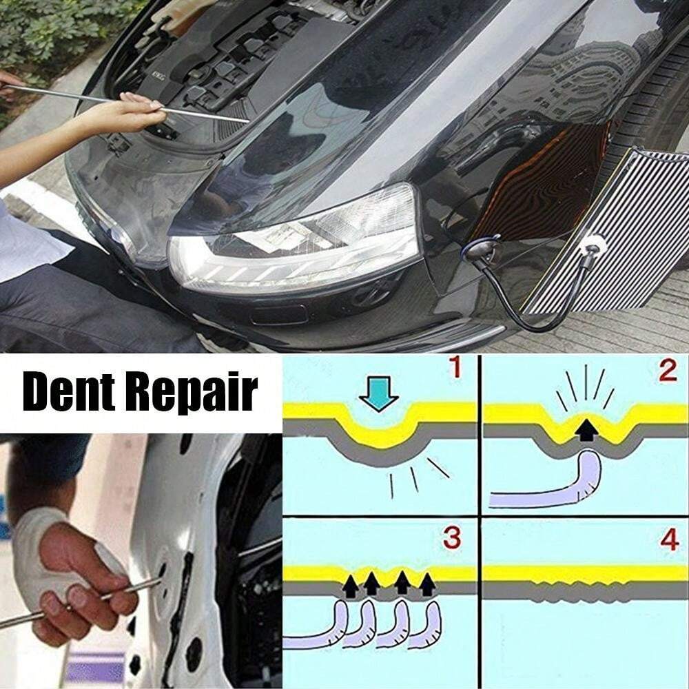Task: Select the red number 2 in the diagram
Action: click(x=666, y=370)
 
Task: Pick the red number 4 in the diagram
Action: click(x=668, y=539)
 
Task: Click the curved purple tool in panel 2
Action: click(x=551, y=486)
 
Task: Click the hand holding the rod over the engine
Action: click(x=124, y=114)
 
